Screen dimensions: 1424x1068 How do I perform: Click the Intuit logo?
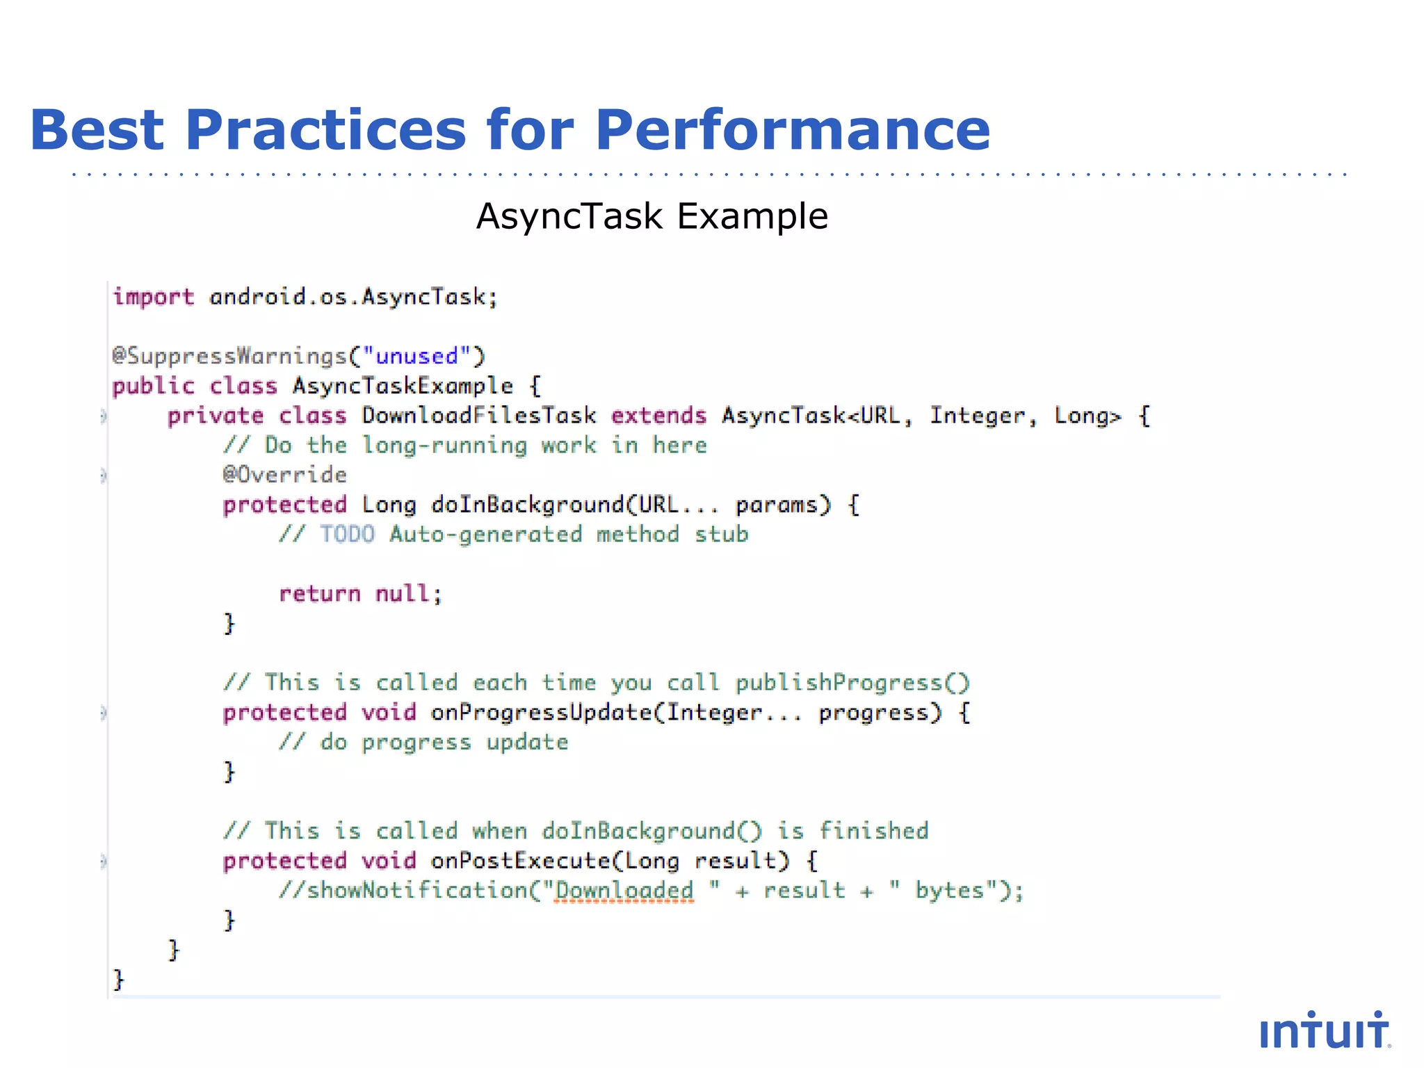[1324, 1030]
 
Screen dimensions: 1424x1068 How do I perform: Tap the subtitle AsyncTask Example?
[652, 216]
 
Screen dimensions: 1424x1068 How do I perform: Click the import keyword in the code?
[153, 297]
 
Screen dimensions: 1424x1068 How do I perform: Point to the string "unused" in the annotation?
[416, 356]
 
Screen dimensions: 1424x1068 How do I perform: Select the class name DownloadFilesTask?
[478, 416]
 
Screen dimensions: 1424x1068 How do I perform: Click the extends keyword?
[658, 416]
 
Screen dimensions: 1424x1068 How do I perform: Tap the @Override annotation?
[284, 475]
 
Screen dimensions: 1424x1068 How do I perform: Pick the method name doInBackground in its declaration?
[527, 505]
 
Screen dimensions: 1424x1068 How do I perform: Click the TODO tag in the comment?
[347, 535]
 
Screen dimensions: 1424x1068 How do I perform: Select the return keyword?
[319, 594]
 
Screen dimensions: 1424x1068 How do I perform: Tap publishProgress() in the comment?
[852, 683]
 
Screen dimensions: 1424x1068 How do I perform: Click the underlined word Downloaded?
[624, 891]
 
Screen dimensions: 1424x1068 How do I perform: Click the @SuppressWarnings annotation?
[229, 356]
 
